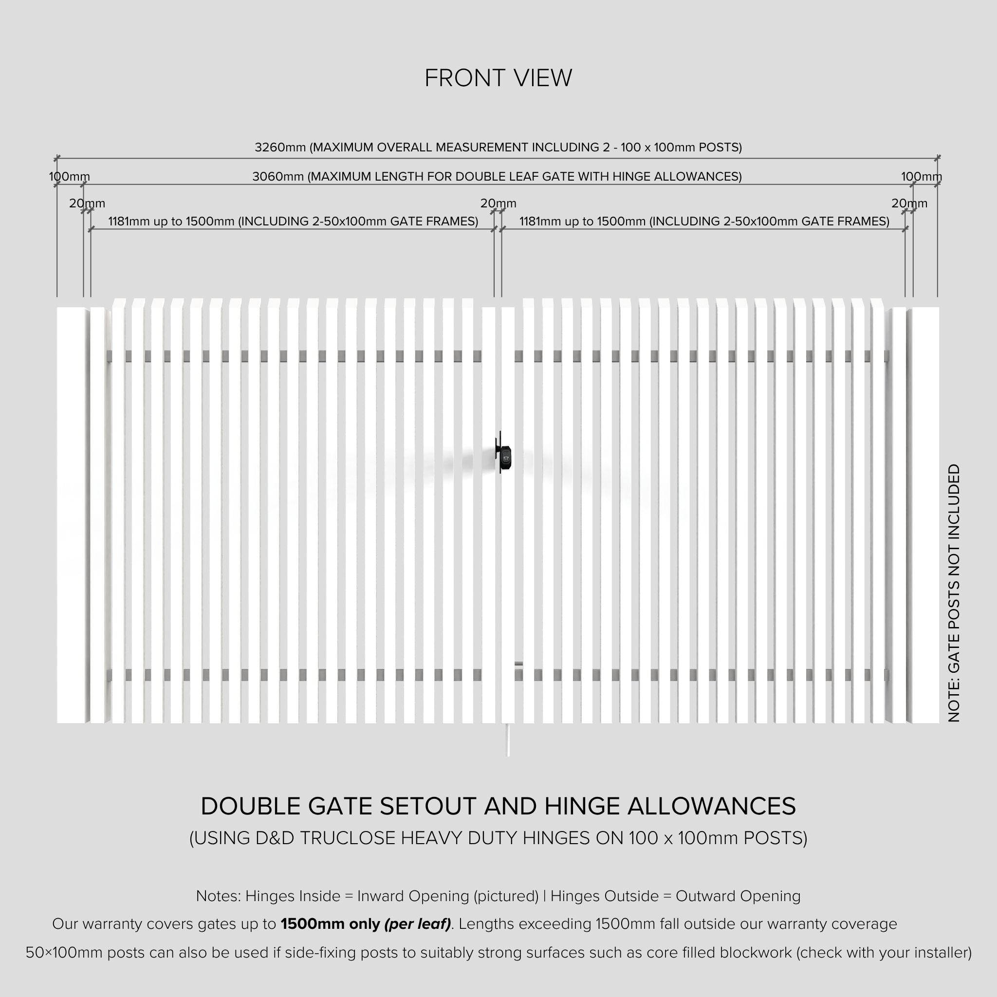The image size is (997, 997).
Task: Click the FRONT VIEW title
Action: coord(498,78)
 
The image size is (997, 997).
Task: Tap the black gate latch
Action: coord(504,454)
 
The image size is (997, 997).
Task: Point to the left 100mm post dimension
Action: coord(69,177)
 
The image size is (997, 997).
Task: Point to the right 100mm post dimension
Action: coord(921,177)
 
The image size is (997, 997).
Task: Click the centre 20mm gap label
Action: coord(498,204)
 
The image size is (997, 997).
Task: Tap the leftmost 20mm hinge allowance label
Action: coord(87,204)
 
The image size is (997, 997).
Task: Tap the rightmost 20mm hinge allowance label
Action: coord(909,204)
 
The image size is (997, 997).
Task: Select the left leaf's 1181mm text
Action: coord(129,222)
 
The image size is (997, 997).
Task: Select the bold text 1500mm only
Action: coord(330,923)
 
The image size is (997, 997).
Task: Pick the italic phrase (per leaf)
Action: coord(417,923)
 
